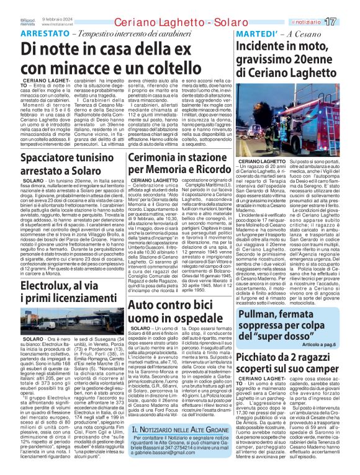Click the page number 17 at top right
[347, 22]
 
